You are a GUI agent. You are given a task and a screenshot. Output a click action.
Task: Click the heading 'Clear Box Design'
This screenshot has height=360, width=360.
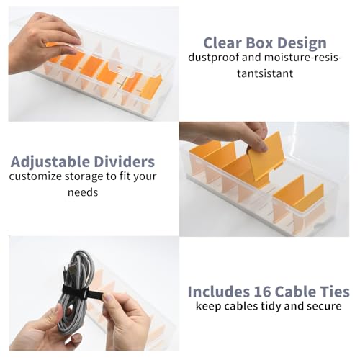pos(264,42)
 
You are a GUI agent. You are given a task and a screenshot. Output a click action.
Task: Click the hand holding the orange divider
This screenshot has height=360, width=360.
pos(230,132)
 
